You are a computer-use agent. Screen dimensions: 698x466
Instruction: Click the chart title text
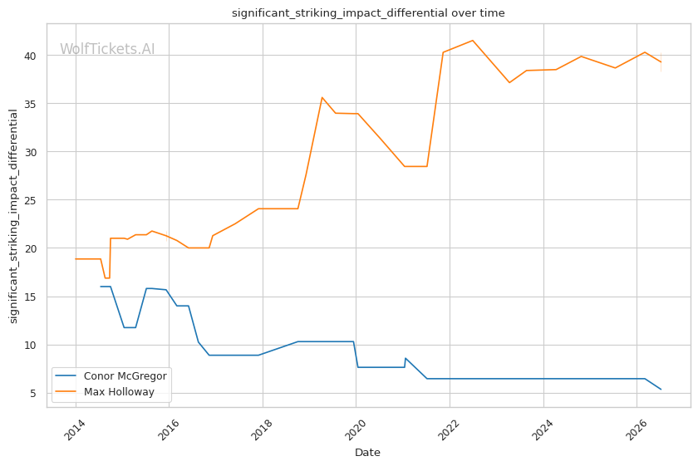tap(368, 13)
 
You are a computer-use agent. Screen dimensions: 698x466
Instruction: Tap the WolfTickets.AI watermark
tap(107, 49)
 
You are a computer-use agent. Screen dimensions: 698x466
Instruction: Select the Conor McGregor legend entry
tap(111, 376)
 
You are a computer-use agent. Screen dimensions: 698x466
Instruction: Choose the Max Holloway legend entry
tap(105, 392)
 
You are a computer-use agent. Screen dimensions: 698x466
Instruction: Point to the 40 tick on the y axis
tap(30, 56)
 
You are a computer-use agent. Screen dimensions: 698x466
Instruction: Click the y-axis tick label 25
tap(30, 201)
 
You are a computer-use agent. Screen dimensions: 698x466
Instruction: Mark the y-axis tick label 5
tap(33, 394)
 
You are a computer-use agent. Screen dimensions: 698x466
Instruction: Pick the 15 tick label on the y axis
tap(30, 297)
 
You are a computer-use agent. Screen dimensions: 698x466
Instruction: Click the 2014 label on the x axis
tap(75, 429)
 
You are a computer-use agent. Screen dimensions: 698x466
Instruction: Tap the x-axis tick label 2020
tap(356, 429)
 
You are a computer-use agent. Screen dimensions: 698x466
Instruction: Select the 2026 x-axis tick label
tap(637, 429)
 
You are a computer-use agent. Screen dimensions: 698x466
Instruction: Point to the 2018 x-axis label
tap(262, 429)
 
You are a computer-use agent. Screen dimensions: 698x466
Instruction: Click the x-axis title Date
tap(367, 453)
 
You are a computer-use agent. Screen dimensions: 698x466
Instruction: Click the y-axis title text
tap(13, 216)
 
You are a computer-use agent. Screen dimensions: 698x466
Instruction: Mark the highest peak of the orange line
tap(473, 41)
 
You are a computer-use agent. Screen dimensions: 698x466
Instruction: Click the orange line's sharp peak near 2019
tap(322, 97)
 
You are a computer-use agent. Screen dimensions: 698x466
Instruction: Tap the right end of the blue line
tap(661, 390)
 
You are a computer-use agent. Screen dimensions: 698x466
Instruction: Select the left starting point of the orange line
tap(76, 258)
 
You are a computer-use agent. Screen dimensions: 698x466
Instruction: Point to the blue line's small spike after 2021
tap(406, 358)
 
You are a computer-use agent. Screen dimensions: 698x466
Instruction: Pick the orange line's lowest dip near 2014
tap(107, 278)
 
